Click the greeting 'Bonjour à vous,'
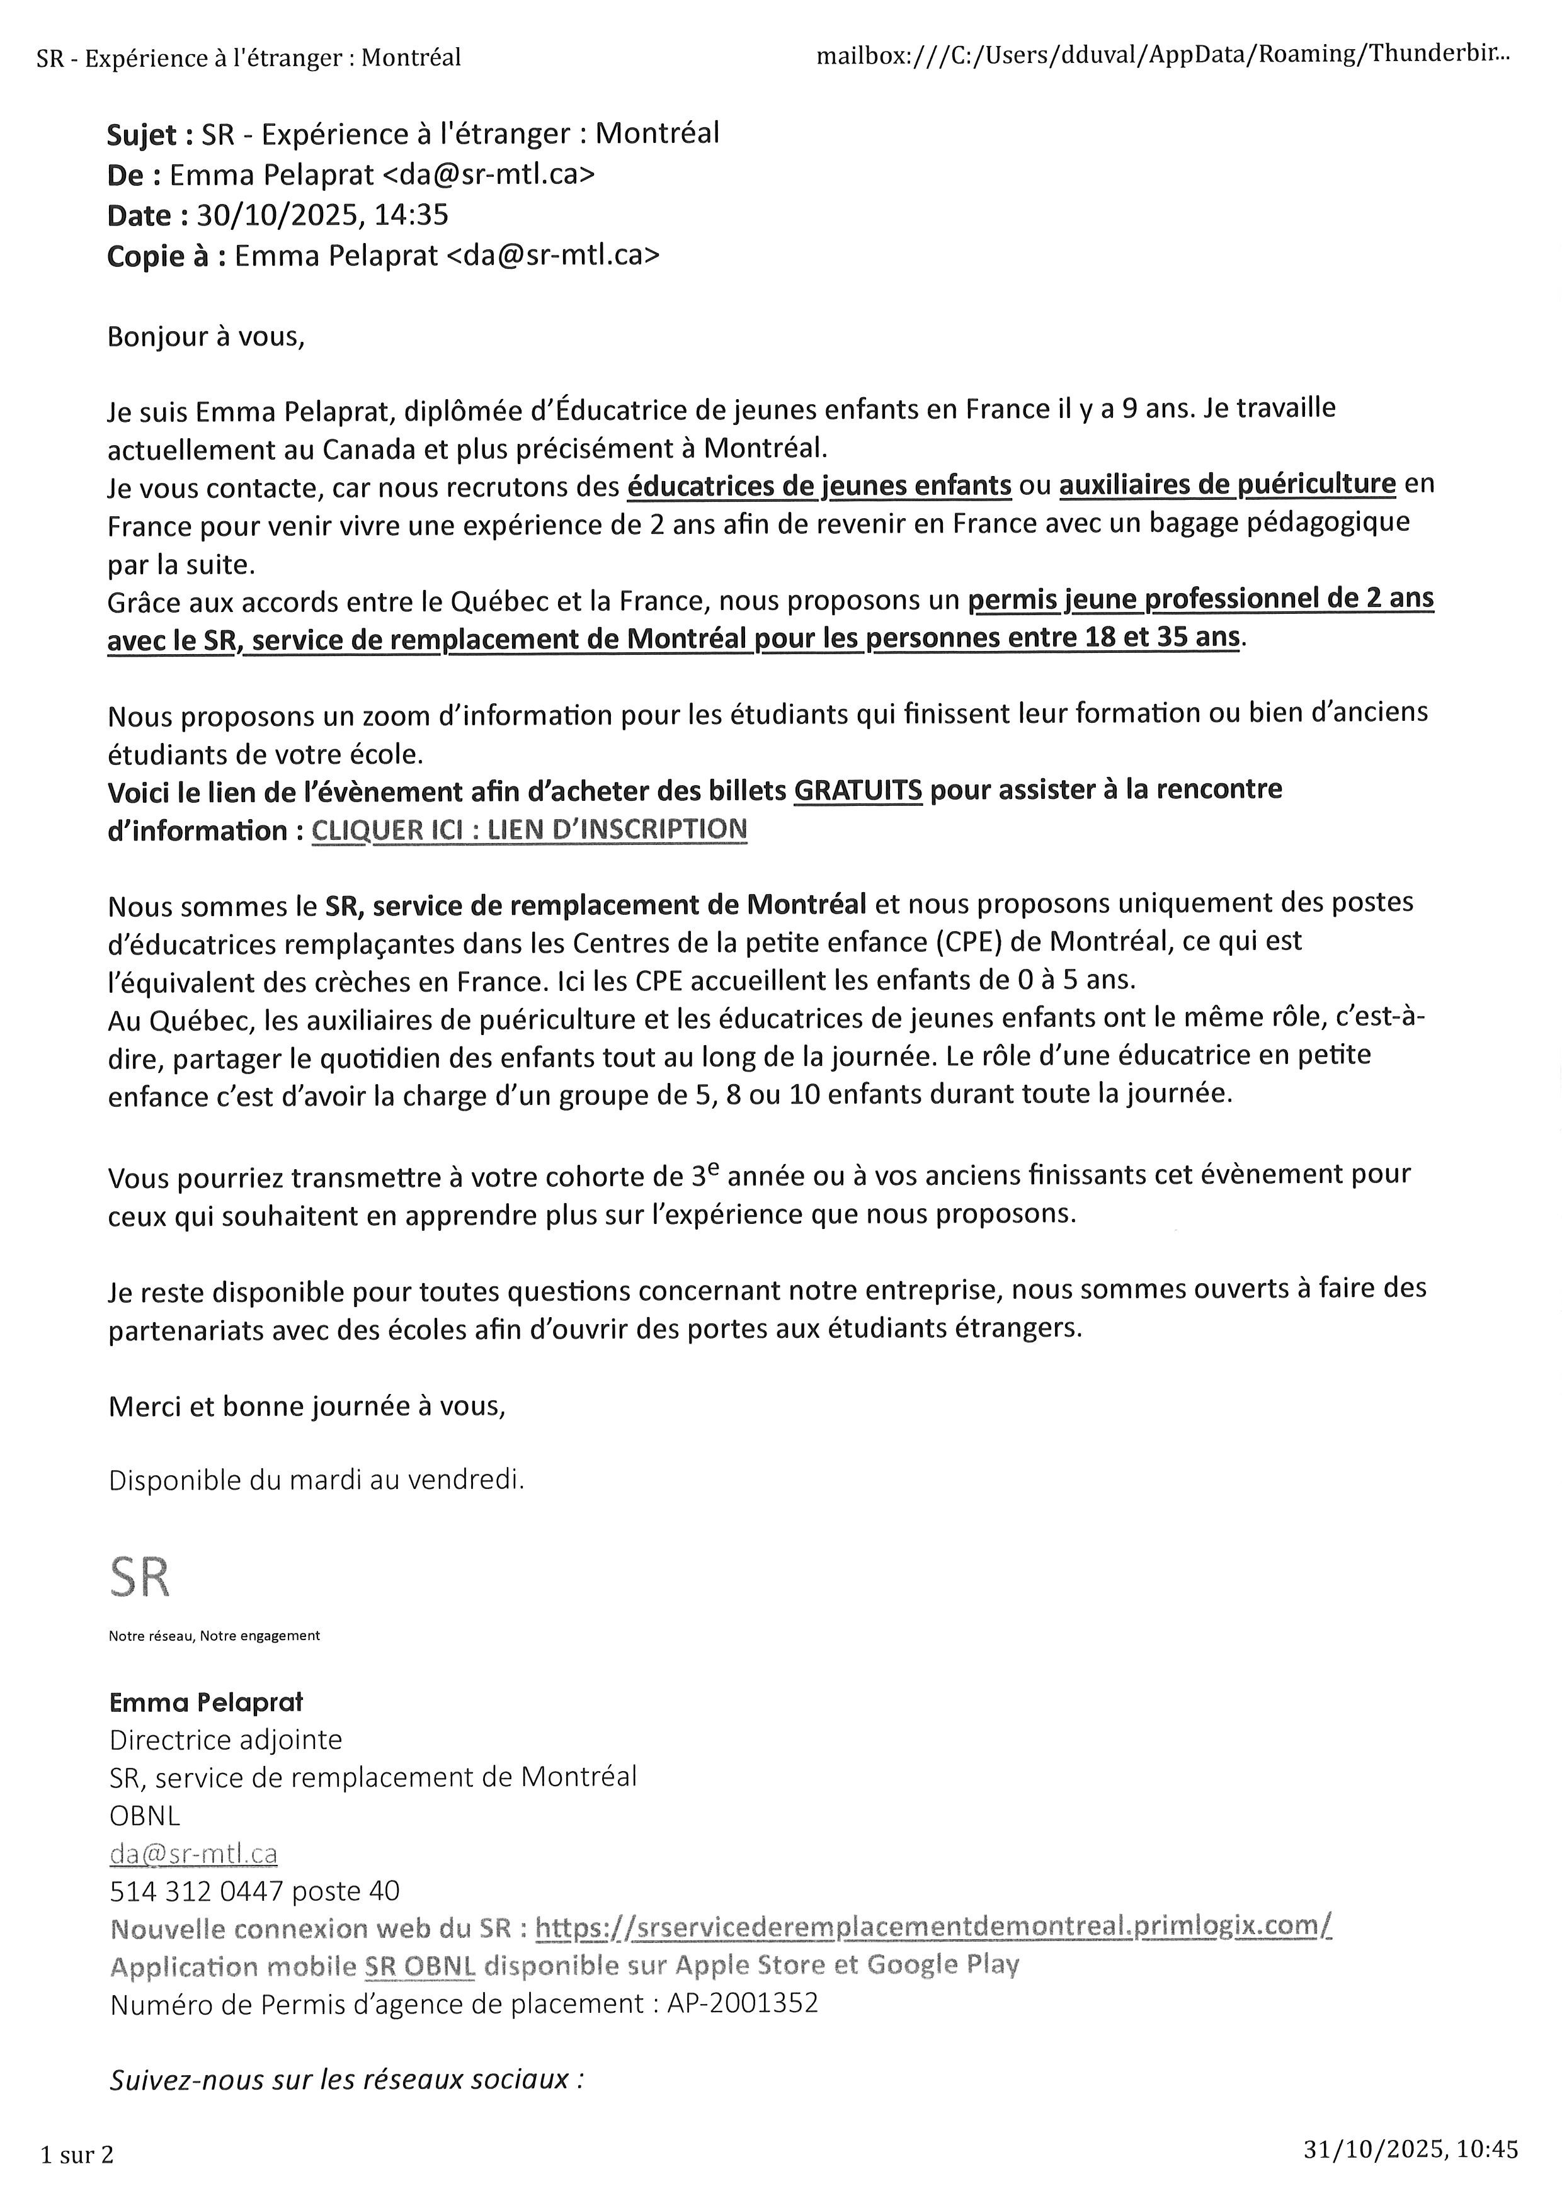click(206, 337)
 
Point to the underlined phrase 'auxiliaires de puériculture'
click(1226, 484)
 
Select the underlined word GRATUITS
click(857, 791)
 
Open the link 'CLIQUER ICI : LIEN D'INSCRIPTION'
click(529, 830)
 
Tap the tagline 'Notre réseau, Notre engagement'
click(214, 1636)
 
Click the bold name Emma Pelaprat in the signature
click(206, 1702)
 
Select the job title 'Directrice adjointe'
click(225, 1740)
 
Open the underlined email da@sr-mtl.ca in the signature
click(193, 1853)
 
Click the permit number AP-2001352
click(743, 2003)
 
